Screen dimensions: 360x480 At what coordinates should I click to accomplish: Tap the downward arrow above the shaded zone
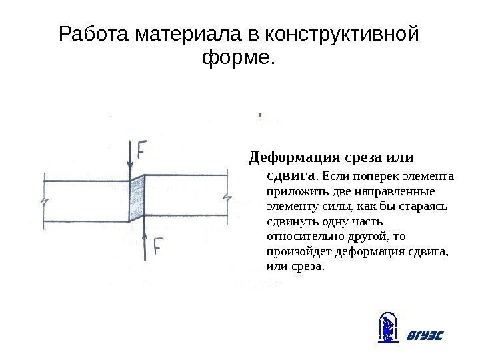tap(129, 160)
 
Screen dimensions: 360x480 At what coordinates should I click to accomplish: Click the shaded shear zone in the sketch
tap(137, 198)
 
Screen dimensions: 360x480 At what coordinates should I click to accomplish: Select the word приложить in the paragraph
tap(291, 192)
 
